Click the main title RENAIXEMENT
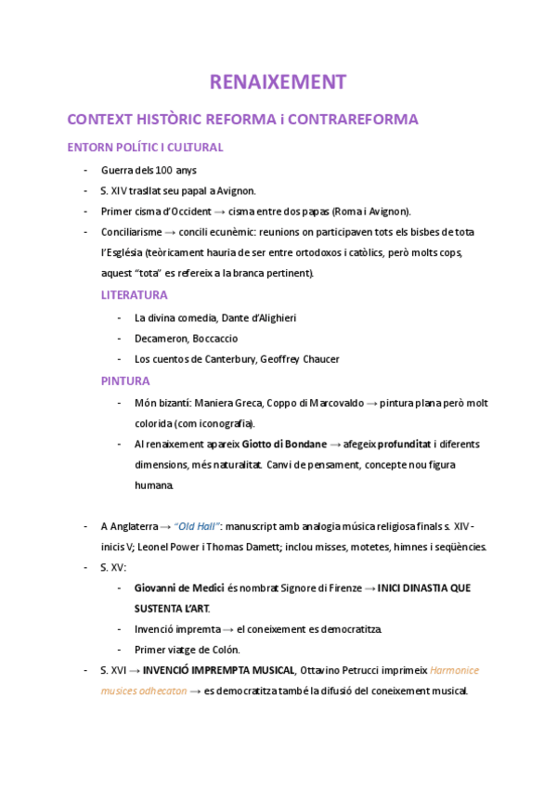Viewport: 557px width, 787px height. point(278,82)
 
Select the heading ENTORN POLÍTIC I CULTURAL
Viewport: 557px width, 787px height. point(145,148)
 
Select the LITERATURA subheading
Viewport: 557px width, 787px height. point(134,295)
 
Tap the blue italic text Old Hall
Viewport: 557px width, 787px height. point(199,527)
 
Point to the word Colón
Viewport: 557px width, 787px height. point(225,650)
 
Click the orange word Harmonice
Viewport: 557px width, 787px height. point(455,670)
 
